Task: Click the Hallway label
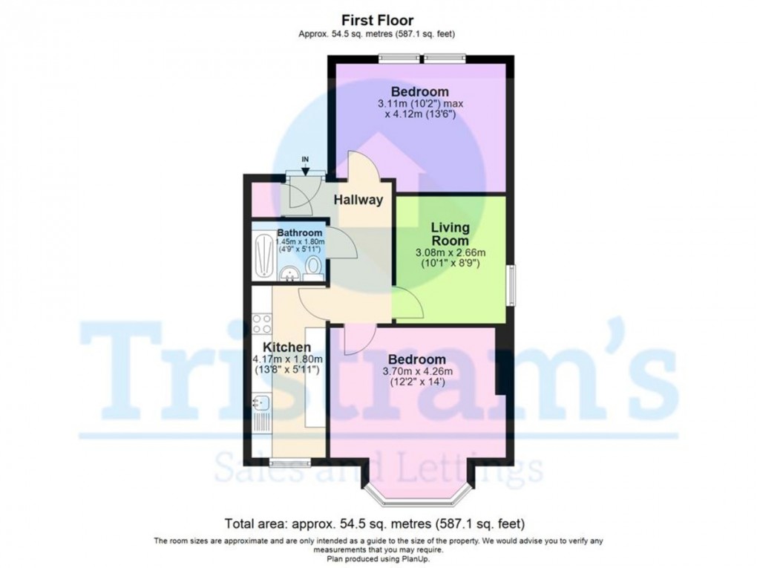click(358, 200)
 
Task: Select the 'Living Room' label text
click(450, 234)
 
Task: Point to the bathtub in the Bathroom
click(264, 256)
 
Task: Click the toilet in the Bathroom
click(314, 267)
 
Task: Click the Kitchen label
click(286, 347)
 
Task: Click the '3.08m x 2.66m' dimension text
click(450, 253)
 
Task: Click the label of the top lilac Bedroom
click(420, 92)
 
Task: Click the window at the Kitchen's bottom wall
click(289, 463)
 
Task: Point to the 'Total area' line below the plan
click(378, 522)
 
